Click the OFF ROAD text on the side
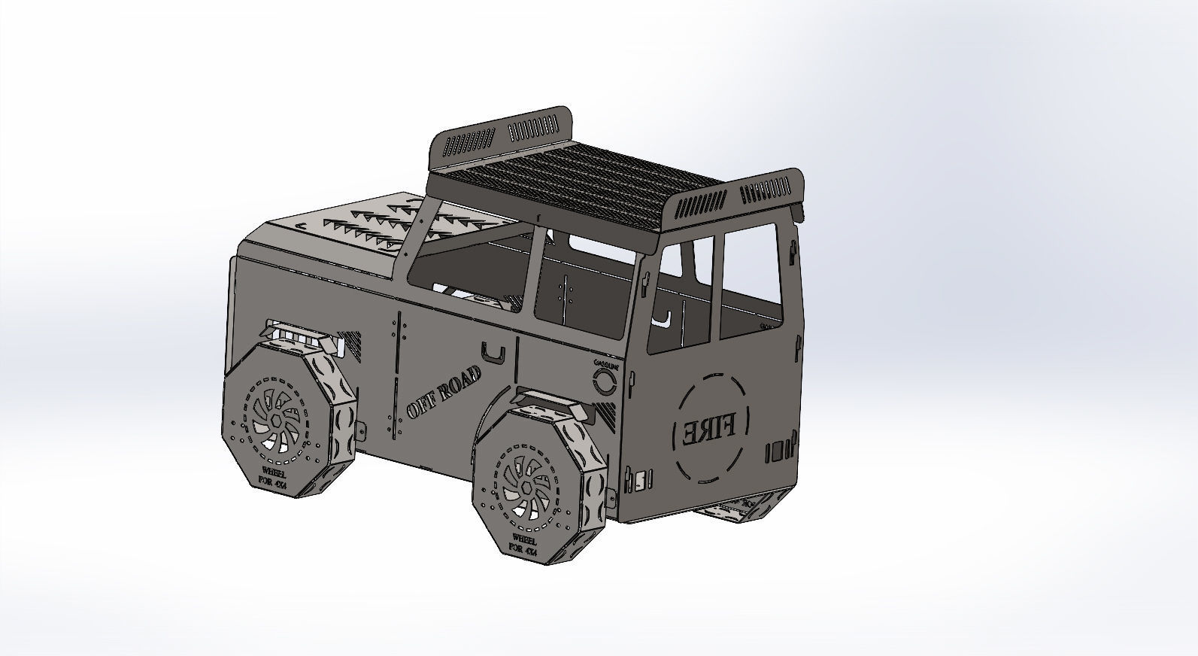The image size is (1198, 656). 443,396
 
